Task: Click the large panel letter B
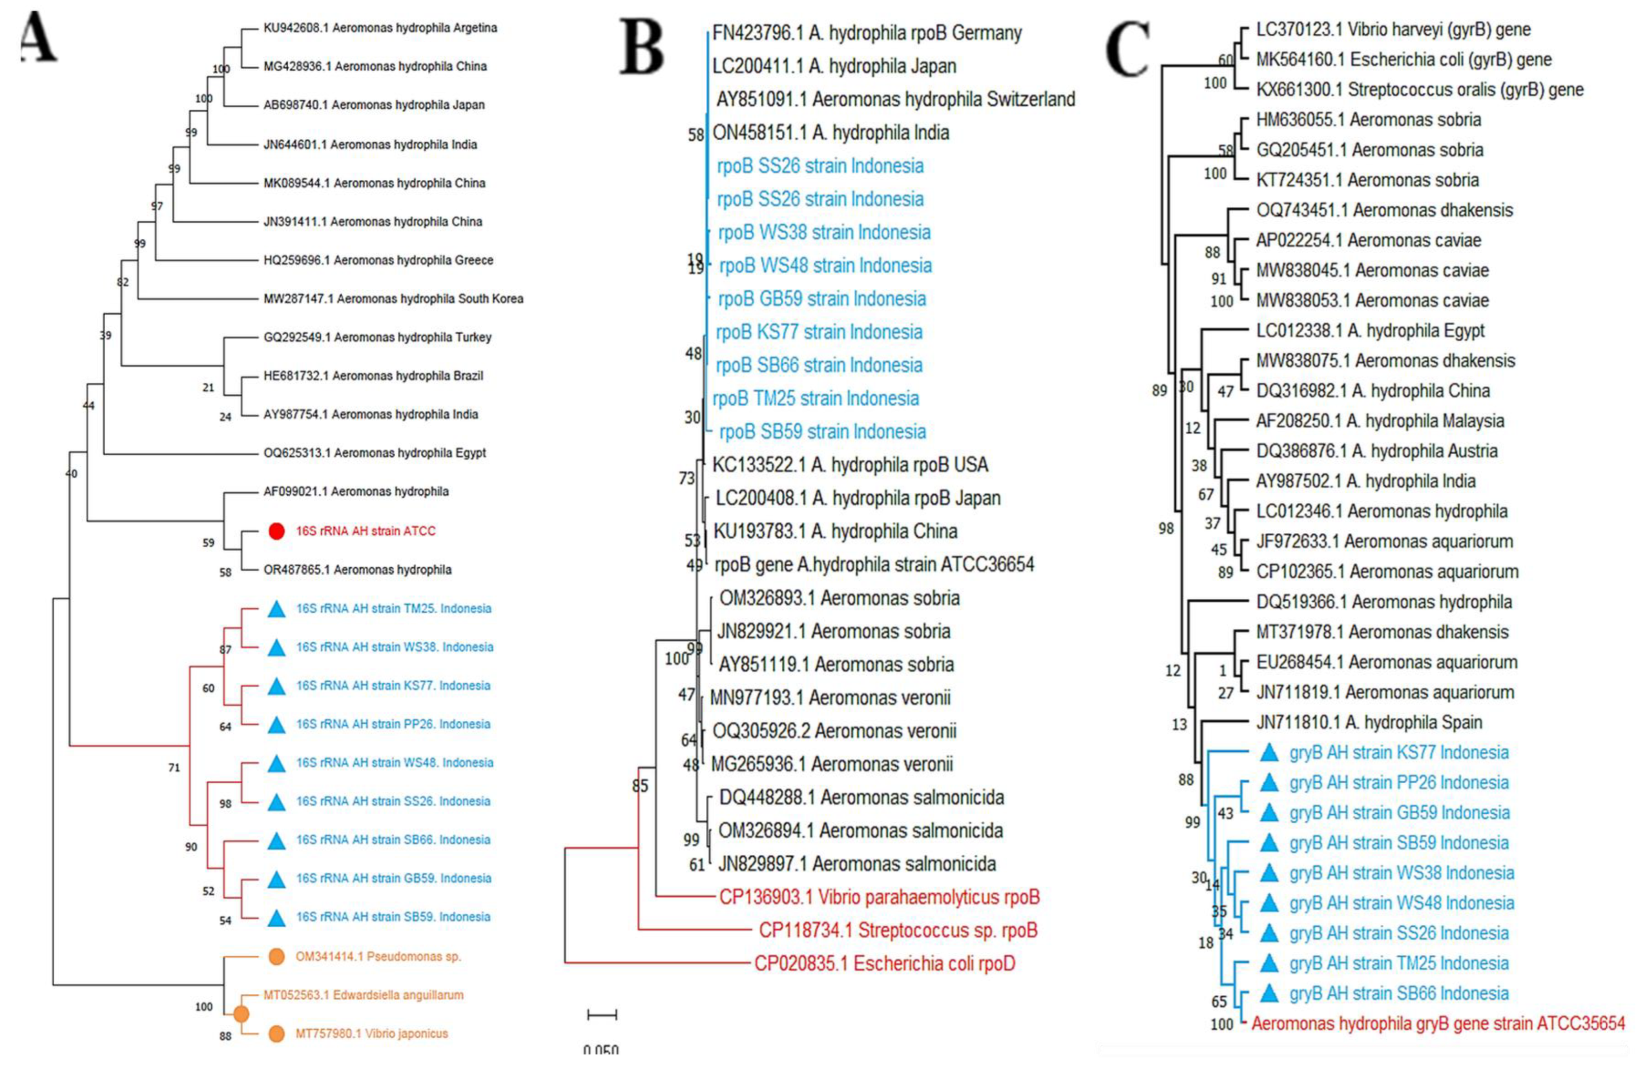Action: pyautogui.click(x=641, y=47)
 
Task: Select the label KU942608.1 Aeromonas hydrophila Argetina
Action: pyautogui.click(x=380, y=28)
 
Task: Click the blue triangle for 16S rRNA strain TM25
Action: pyautogui.click(x=276, y=608)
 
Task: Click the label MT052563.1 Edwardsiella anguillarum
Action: pyautogui.click(x=363, y=995)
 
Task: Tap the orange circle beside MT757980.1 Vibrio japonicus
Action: pyautogui.click(x=276, y=1033)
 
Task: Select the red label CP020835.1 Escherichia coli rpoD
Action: pyautogui.click(x=884, y=963)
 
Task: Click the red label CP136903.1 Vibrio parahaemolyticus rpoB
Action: pyautogui.click(x=879, y=897)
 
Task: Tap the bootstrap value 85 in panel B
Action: pyautogui.click(x=640, y=786)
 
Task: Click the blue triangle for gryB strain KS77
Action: pyautogui.click(x=1268, y=753)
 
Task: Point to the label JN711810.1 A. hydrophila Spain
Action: pyautogui.click(x=1369, y=723)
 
